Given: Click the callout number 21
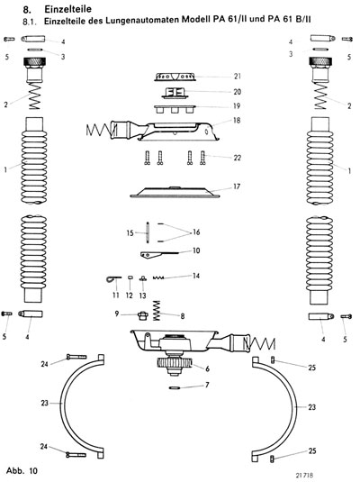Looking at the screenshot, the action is coord(237,77).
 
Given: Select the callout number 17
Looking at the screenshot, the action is coord(237,186).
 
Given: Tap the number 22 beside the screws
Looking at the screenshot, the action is coord(237,158).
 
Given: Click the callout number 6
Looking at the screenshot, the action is coord(207,368).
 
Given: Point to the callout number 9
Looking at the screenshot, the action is coord(117,314).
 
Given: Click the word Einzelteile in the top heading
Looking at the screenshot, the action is coord(67,9).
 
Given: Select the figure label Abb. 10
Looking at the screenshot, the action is coord(22,470).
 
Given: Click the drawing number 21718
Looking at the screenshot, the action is coord(305,475).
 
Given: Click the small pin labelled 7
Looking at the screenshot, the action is coord(176,387).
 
